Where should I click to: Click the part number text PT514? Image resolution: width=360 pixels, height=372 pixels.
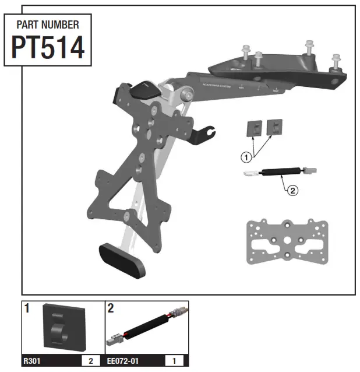(x=48, y=48)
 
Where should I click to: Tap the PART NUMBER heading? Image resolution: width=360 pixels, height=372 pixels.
(x=48, y=25)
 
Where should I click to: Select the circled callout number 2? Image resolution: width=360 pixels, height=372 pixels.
(x=293, y=189)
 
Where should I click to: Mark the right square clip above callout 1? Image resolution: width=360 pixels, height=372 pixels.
(x=273, y=128)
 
